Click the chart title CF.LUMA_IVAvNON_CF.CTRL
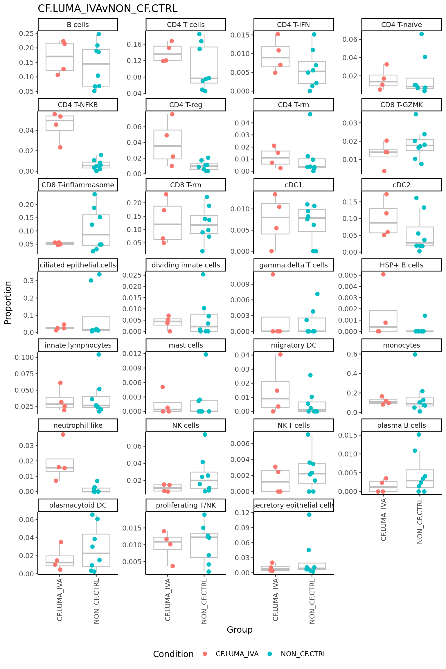click(107, 9)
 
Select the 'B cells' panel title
click(78, 25)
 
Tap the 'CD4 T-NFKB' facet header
click(78, 105)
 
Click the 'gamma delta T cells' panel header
click(293, 265)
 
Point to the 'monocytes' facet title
click(401, 345)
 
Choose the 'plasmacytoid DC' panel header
click(78, 505)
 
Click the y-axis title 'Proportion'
click(8, 303)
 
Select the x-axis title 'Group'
click(240, 630)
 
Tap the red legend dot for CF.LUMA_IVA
click(205, 654)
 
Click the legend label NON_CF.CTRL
click(303, 654)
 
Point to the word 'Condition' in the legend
click(173, 654)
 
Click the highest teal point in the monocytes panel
click(415, 354)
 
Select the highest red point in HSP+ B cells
click(383, 274)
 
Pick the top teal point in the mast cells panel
click(206, 354)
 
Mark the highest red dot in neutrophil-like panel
click(63, 434)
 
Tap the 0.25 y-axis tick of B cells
click(27, 34)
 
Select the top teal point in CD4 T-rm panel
click(310, 114)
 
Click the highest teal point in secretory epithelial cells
click(309, 515)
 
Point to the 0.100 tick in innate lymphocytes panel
click(24, 357)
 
